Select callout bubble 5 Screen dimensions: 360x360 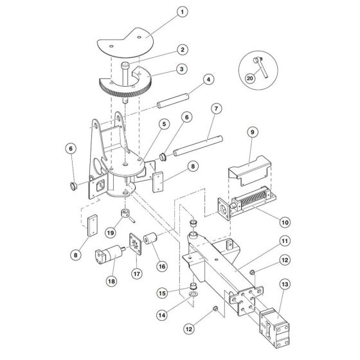pos(165,123)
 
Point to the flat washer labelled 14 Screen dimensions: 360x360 pos(192,297)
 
